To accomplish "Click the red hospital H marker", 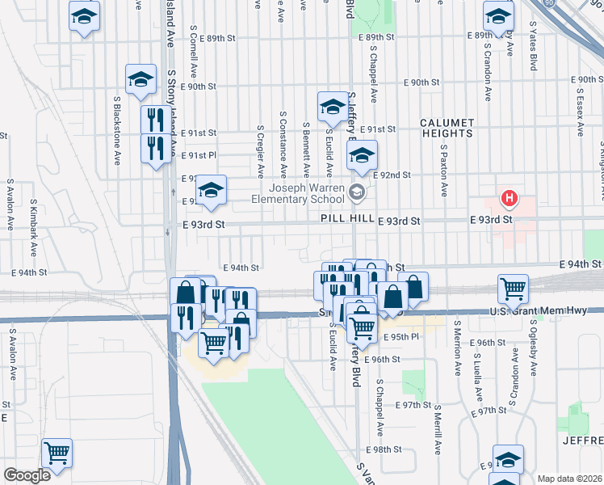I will click(x=509, y=197).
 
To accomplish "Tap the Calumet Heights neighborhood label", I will click(x=446, y=128).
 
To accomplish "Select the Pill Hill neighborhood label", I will click(x=345, y=220).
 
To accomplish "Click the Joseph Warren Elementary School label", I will click(x=296, y=192).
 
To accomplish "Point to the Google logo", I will click(x=27, y=475).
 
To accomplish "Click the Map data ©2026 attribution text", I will click(x=569, y=479).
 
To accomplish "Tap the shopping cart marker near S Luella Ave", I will click(x=514, y=287).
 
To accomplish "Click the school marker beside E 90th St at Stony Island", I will click(x=141, y=79).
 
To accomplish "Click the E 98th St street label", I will click(x=384, y=449).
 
